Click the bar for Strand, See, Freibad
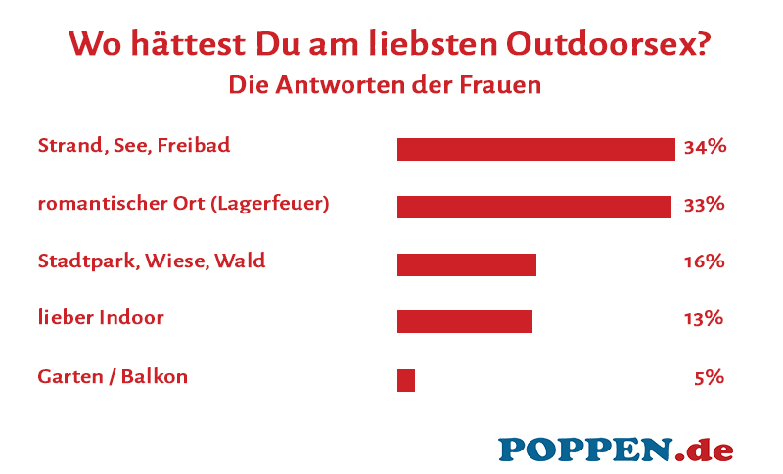(536, 149)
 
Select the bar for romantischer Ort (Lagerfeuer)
(533, 207)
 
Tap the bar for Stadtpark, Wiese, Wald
(467, 264)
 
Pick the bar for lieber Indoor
(465, 321)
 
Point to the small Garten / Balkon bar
(406, 380)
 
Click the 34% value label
(705, 147)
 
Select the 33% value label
(705, 205)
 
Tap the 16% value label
(705, 261)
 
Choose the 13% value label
(705, 318)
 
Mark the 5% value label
(709, 376)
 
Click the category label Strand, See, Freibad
(134, 146)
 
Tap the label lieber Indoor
(101, 318)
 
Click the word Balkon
(156, 376)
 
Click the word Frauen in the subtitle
(500, 85)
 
